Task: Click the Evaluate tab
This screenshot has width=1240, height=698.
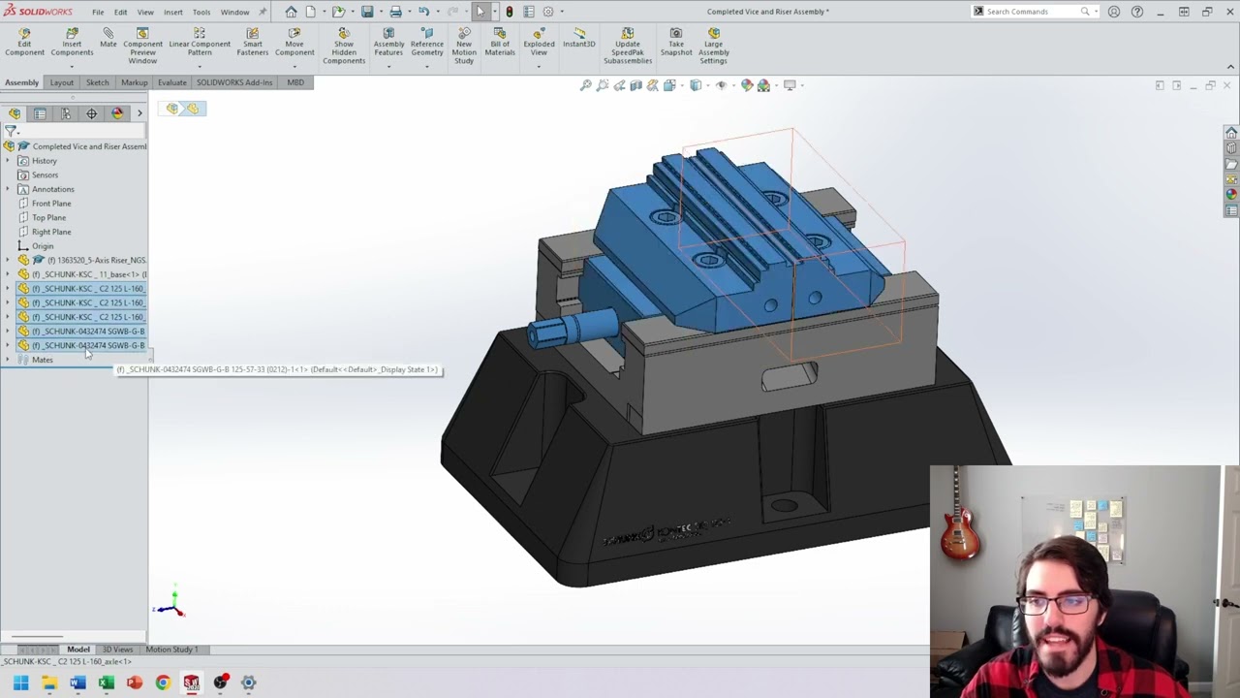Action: click(x=171, y=82)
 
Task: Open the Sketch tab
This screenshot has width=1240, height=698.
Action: click(x=97, y=82)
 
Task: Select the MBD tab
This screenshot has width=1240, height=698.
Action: click(x=295, y=82)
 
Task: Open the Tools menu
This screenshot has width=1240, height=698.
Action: click(x=201, y=12)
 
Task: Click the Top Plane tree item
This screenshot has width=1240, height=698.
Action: click(x=49, y=217)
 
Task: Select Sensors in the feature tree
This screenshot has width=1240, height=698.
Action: click(x=45, y=174)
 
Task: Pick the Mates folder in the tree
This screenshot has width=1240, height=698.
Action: click(x=42, y=360)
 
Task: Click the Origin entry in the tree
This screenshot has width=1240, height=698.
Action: click(x=43, y=246)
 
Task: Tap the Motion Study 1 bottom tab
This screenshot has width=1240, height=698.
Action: click(x=171, y=650)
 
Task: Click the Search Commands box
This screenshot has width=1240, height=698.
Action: click(x=1033, y=12)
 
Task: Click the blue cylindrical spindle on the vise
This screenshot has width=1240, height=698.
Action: click(x=572, y=328)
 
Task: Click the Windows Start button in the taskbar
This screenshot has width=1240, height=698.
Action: click(x=20, y=682)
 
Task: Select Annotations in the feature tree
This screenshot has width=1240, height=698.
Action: click(x=52, y=189)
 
